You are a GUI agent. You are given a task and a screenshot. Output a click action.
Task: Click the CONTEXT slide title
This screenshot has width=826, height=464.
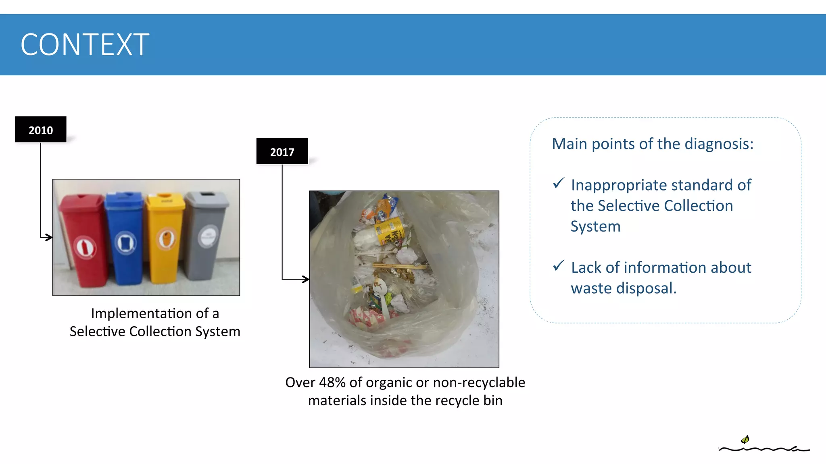click(x=85, y=45)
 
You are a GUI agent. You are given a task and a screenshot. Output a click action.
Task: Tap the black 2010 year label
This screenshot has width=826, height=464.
click(x=41, y=130)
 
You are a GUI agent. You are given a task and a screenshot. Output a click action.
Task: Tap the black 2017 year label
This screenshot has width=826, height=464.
click(x=282, y=151)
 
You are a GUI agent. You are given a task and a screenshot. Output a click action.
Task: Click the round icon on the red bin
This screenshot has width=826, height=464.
click(x=85, y=247)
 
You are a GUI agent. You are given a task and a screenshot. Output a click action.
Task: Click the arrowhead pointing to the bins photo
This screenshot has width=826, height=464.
click(x=49, y=237)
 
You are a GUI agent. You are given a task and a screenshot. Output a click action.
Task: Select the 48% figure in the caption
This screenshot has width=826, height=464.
click(x=332, y=382)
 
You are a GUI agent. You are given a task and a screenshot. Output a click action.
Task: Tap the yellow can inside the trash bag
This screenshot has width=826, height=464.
click(x=390, y=232)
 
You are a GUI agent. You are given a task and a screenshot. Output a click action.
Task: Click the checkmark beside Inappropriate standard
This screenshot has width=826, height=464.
click(x=559, y=183)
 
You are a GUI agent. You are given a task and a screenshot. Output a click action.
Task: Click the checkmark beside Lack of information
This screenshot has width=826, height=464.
click(x=559, y=265)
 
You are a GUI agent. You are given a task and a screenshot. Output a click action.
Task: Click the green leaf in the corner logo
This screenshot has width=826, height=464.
click(x=745, y=439)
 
